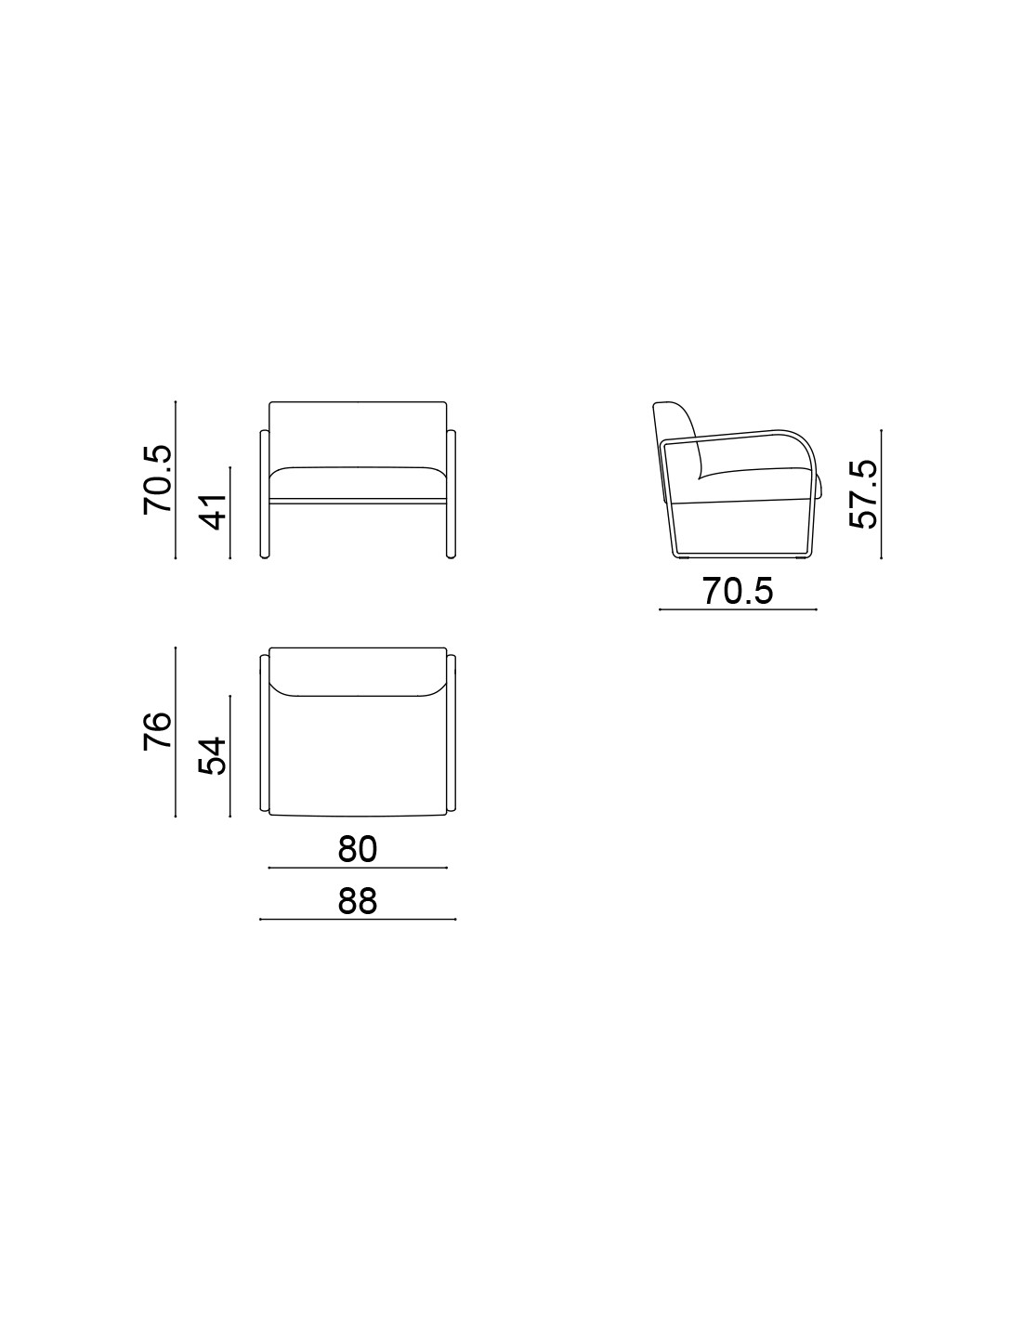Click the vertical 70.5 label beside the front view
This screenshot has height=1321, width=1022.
click(157, 479)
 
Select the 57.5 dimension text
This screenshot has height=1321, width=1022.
click(863, 493)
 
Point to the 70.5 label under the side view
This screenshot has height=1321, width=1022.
click(738, 590)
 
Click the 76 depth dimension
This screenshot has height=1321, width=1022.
click(157, 731)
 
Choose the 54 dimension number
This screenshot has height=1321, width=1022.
click(212, 755)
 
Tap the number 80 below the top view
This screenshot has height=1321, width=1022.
click(358, 849)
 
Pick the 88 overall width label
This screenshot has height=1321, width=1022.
click(358, 901)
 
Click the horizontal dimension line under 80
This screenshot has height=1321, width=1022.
click(358, 868)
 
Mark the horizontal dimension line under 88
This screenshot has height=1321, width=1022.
click(358, 920)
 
